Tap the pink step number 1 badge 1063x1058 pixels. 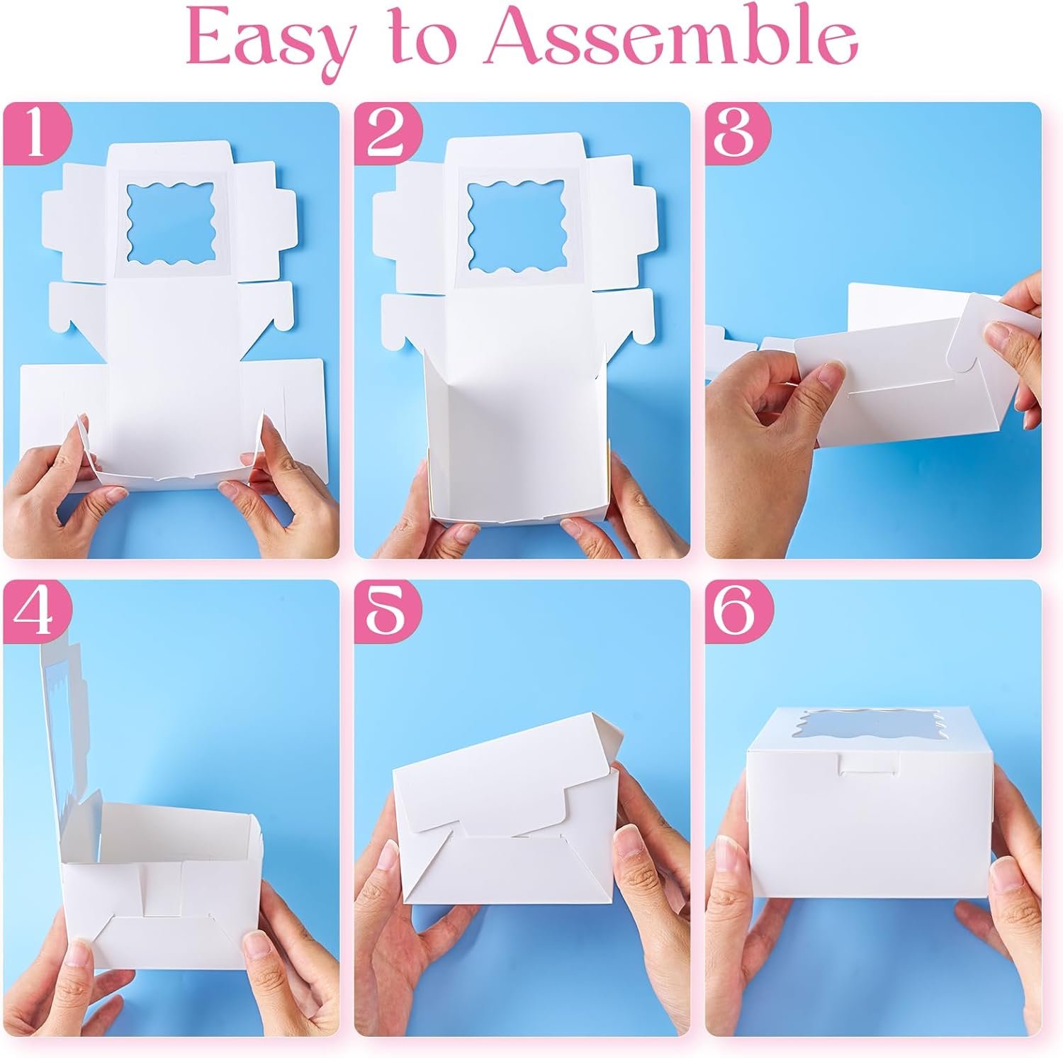tap(35, 135)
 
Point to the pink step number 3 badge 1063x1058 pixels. tap(738, 135)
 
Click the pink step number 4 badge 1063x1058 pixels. tap(35, 613)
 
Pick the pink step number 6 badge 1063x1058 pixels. tap(738, 613)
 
